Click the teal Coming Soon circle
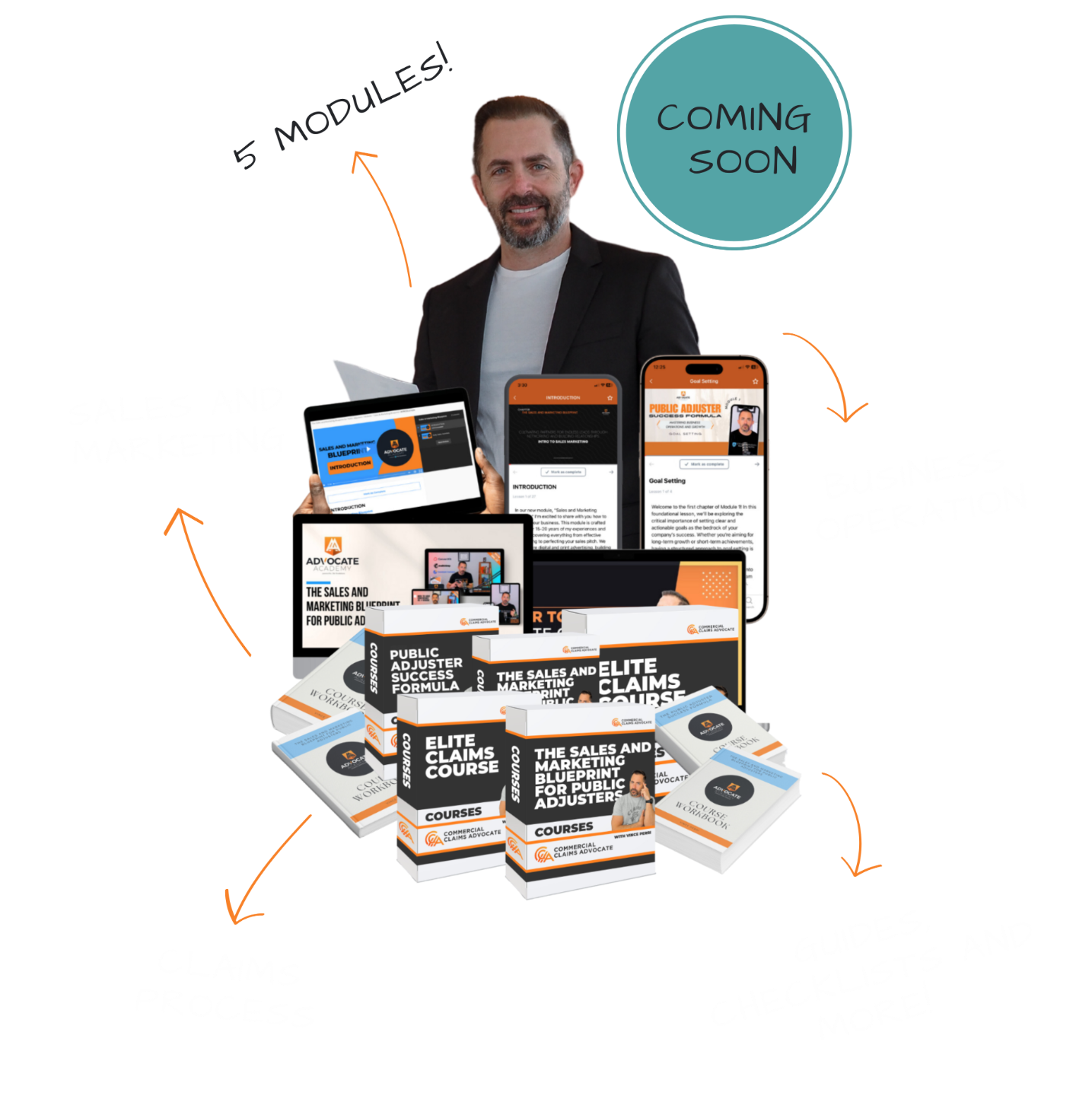734,133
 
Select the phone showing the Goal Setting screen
703,487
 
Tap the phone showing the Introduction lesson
563,464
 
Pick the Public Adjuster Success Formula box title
425,670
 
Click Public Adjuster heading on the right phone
685,409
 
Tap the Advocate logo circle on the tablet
395,448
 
